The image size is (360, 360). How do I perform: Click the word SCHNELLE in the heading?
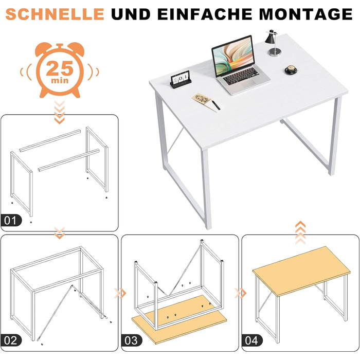[55, 14]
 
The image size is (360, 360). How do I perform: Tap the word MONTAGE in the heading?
[306, 14]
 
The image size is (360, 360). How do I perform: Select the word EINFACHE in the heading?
[205, 14]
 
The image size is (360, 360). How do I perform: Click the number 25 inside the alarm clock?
[60, 68]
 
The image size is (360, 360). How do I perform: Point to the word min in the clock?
[60, 80]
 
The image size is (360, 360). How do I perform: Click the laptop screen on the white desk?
[233, 56]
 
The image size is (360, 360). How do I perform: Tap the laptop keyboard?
[241, 76]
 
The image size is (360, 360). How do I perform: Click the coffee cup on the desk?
[291, 69]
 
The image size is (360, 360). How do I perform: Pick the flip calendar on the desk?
[181, 79]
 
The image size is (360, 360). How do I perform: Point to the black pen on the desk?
[216, 105]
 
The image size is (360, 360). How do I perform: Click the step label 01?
[11, 220]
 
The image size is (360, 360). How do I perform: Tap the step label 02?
[11, 340]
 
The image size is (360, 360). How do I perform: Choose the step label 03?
[131, 340]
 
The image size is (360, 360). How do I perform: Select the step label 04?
[252, 340]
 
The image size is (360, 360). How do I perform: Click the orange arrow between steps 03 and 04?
[240, 293]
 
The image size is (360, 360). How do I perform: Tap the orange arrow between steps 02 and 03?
[120, 293]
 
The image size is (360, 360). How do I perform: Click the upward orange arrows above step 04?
[300, 232]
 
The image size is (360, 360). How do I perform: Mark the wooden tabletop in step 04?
[301, 271]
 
